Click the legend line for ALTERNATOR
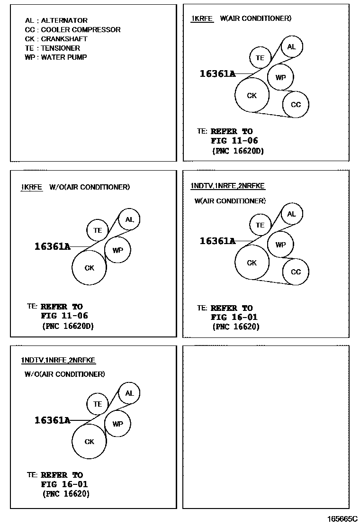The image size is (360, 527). click(x=56, y=20)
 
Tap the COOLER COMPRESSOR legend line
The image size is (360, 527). click(x=72, y=29)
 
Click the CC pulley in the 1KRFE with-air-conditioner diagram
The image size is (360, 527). click(x=296, y=104)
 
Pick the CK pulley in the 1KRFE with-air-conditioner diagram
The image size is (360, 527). click(x=252, y=95)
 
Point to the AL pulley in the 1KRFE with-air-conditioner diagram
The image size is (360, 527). click(x=291, y=47)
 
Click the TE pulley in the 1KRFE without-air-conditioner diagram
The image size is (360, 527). click(x=98, y=230)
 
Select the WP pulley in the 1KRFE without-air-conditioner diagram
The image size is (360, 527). click(x=117, y=250)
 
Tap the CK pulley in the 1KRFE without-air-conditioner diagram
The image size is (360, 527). click(x=89, y=268)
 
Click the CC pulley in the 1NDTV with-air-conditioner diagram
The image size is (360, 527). click(x=296, y=272)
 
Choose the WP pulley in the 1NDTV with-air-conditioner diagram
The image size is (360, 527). click(x=280, y=245)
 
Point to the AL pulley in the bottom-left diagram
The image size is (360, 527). click(x=129, y=393)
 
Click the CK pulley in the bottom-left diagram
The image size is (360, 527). click(x=89, y=442)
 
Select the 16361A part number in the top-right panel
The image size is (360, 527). click(x=217, y=73)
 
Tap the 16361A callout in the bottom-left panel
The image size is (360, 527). click(x=52, y=420)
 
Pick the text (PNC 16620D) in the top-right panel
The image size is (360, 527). click(x=237, y=151)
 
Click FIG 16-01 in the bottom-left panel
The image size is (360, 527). click(x=64, y=484)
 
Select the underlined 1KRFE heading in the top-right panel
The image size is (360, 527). click(x=202, y=18)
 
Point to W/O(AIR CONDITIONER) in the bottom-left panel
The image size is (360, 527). click(x=65, y=374)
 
